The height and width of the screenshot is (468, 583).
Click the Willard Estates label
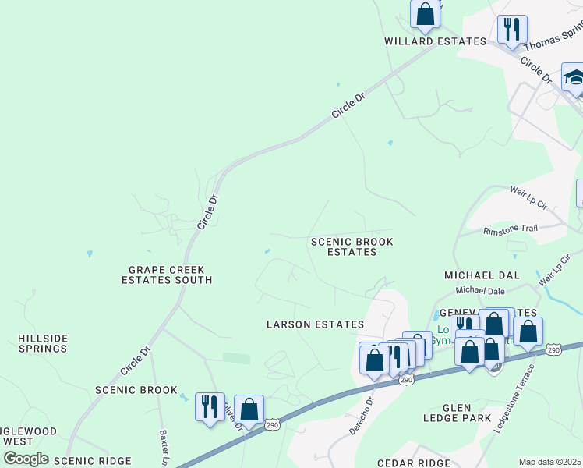coord(424,41)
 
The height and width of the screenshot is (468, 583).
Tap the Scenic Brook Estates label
coord(352,247)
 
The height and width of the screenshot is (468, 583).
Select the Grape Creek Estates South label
coord(170,275)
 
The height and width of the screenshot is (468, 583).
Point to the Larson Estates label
coord(315,324)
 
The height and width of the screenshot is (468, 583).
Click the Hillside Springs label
coord(43,343)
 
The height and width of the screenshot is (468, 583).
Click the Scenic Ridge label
coord(93,462)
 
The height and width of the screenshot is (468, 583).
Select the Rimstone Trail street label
coord(511,230)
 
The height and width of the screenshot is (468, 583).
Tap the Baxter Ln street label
coord(165,445)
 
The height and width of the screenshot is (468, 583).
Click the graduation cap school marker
coord(574,79)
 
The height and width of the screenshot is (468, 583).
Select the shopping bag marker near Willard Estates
coord(425,14)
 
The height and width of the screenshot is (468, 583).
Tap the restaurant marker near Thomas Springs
coord(511,30)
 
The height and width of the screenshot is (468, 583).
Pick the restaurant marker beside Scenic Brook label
coord(209,406)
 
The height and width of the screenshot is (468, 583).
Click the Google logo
coord(26,459)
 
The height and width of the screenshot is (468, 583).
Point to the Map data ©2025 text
coord(549,462)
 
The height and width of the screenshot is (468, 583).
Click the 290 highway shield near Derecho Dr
coord(407,380)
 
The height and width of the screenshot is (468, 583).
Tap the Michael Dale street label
coord(476,290)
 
